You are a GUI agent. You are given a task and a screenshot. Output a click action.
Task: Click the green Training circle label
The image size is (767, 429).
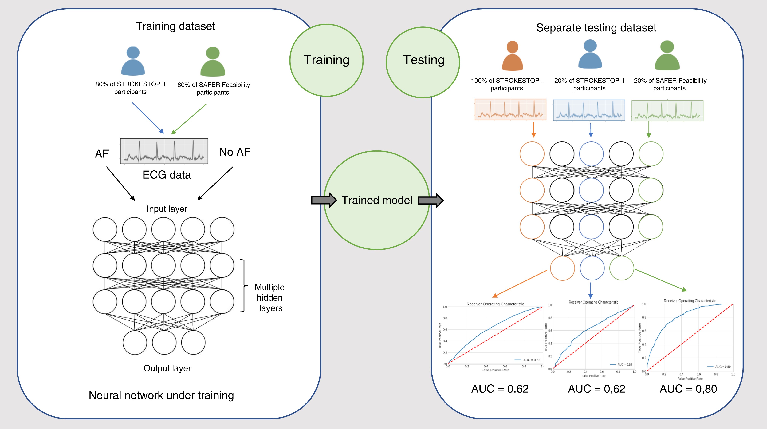click(326, 60)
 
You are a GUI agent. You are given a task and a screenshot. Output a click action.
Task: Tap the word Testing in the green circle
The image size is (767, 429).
click(423, 60)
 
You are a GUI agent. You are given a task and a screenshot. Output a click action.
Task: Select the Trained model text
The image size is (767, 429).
click(377, 200)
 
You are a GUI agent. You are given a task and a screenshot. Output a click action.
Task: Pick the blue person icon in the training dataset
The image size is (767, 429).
click(133, 61)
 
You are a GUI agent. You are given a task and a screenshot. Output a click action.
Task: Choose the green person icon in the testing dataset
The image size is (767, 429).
click(667, 56)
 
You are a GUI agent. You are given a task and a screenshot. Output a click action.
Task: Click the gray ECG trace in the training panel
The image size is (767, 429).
click(164, 151)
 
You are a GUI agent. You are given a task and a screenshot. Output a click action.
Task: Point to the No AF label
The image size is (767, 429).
click(235, 152)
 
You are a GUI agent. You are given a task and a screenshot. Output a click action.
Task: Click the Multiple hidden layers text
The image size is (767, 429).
click(270, 298)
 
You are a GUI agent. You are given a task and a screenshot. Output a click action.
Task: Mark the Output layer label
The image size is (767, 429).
click(167, 368)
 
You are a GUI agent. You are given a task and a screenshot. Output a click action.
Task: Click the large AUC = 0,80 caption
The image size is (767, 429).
click(688, 389)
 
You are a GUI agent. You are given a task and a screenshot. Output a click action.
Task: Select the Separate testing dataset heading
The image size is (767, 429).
click(596, 28)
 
